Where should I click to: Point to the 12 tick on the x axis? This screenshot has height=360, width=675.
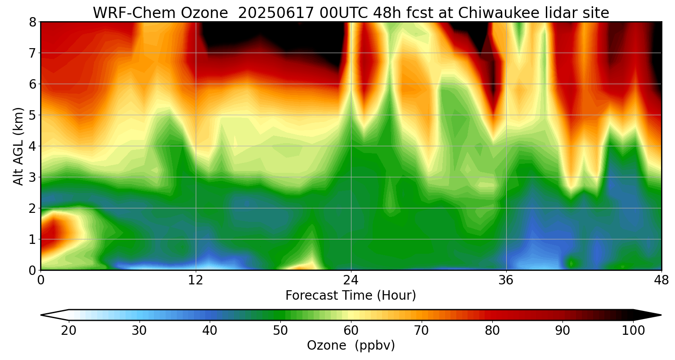point(196,279)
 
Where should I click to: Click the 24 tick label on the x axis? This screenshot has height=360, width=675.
point(351,279)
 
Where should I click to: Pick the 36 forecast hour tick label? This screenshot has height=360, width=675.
point(506,279)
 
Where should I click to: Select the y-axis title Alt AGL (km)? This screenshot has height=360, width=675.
point(18,146)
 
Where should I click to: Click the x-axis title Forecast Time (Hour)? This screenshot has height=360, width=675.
point(351,295)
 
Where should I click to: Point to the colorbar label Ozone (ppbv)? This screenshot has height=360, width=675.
point(351,346)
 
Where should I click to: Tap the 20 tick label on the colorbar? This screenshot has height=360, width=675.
point(69,331)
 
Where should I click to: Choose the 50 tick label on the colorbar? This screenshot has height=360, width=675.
point(280,331)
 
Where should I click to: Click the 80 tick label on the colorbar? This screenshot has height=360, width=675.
point(492,331)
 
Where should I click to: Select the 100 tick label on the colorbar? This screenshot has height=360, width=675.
point(633,331)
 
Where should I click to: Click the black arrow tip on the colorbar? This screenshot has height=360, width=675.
point(648,315)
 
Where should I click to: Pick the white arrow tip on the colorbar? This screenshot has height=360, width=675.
point(54,315)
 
